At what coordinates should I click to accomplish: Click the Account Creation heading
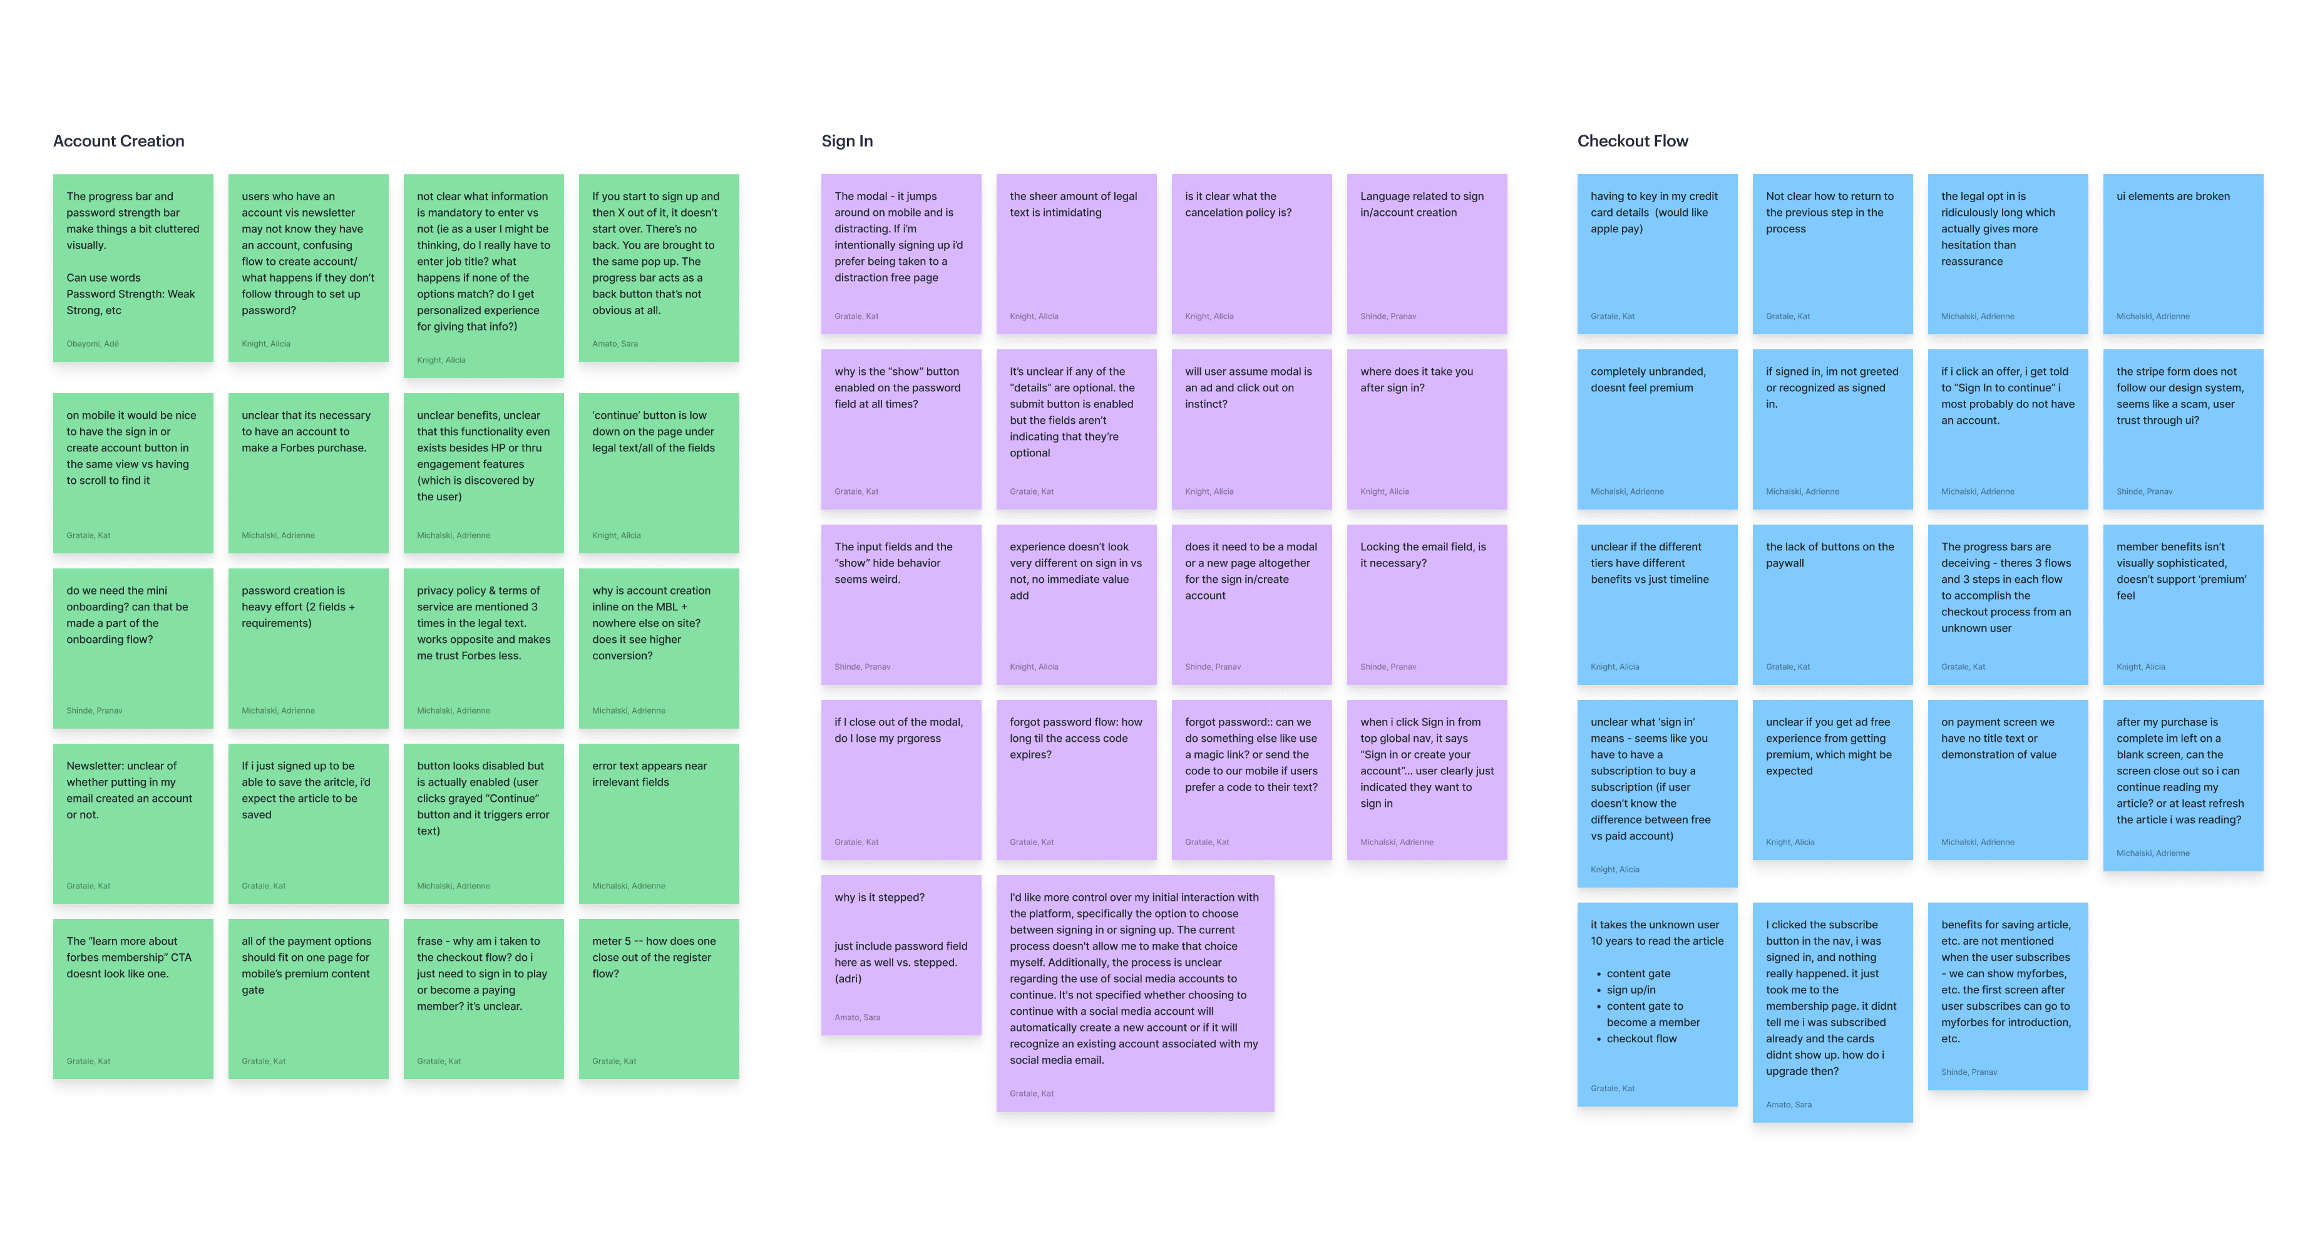tap(118, 141)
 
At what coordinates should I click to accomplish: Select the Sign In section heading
tap(846, 141)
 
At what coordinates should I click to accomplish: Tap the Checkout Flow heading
tap(1632, 141)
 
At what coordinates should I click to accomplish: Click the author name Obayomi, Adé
tap(93, 343)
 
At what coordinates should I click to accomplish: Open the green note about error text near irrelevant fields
tap(658, 823)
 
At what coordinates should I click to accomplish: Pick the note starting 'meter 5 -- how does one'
tap(658, 998)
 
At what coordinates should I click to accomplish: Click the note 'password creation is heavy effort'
tap(307, 647)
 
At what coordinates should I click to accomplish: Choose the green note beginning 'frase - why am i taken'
tap(483, 998)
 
